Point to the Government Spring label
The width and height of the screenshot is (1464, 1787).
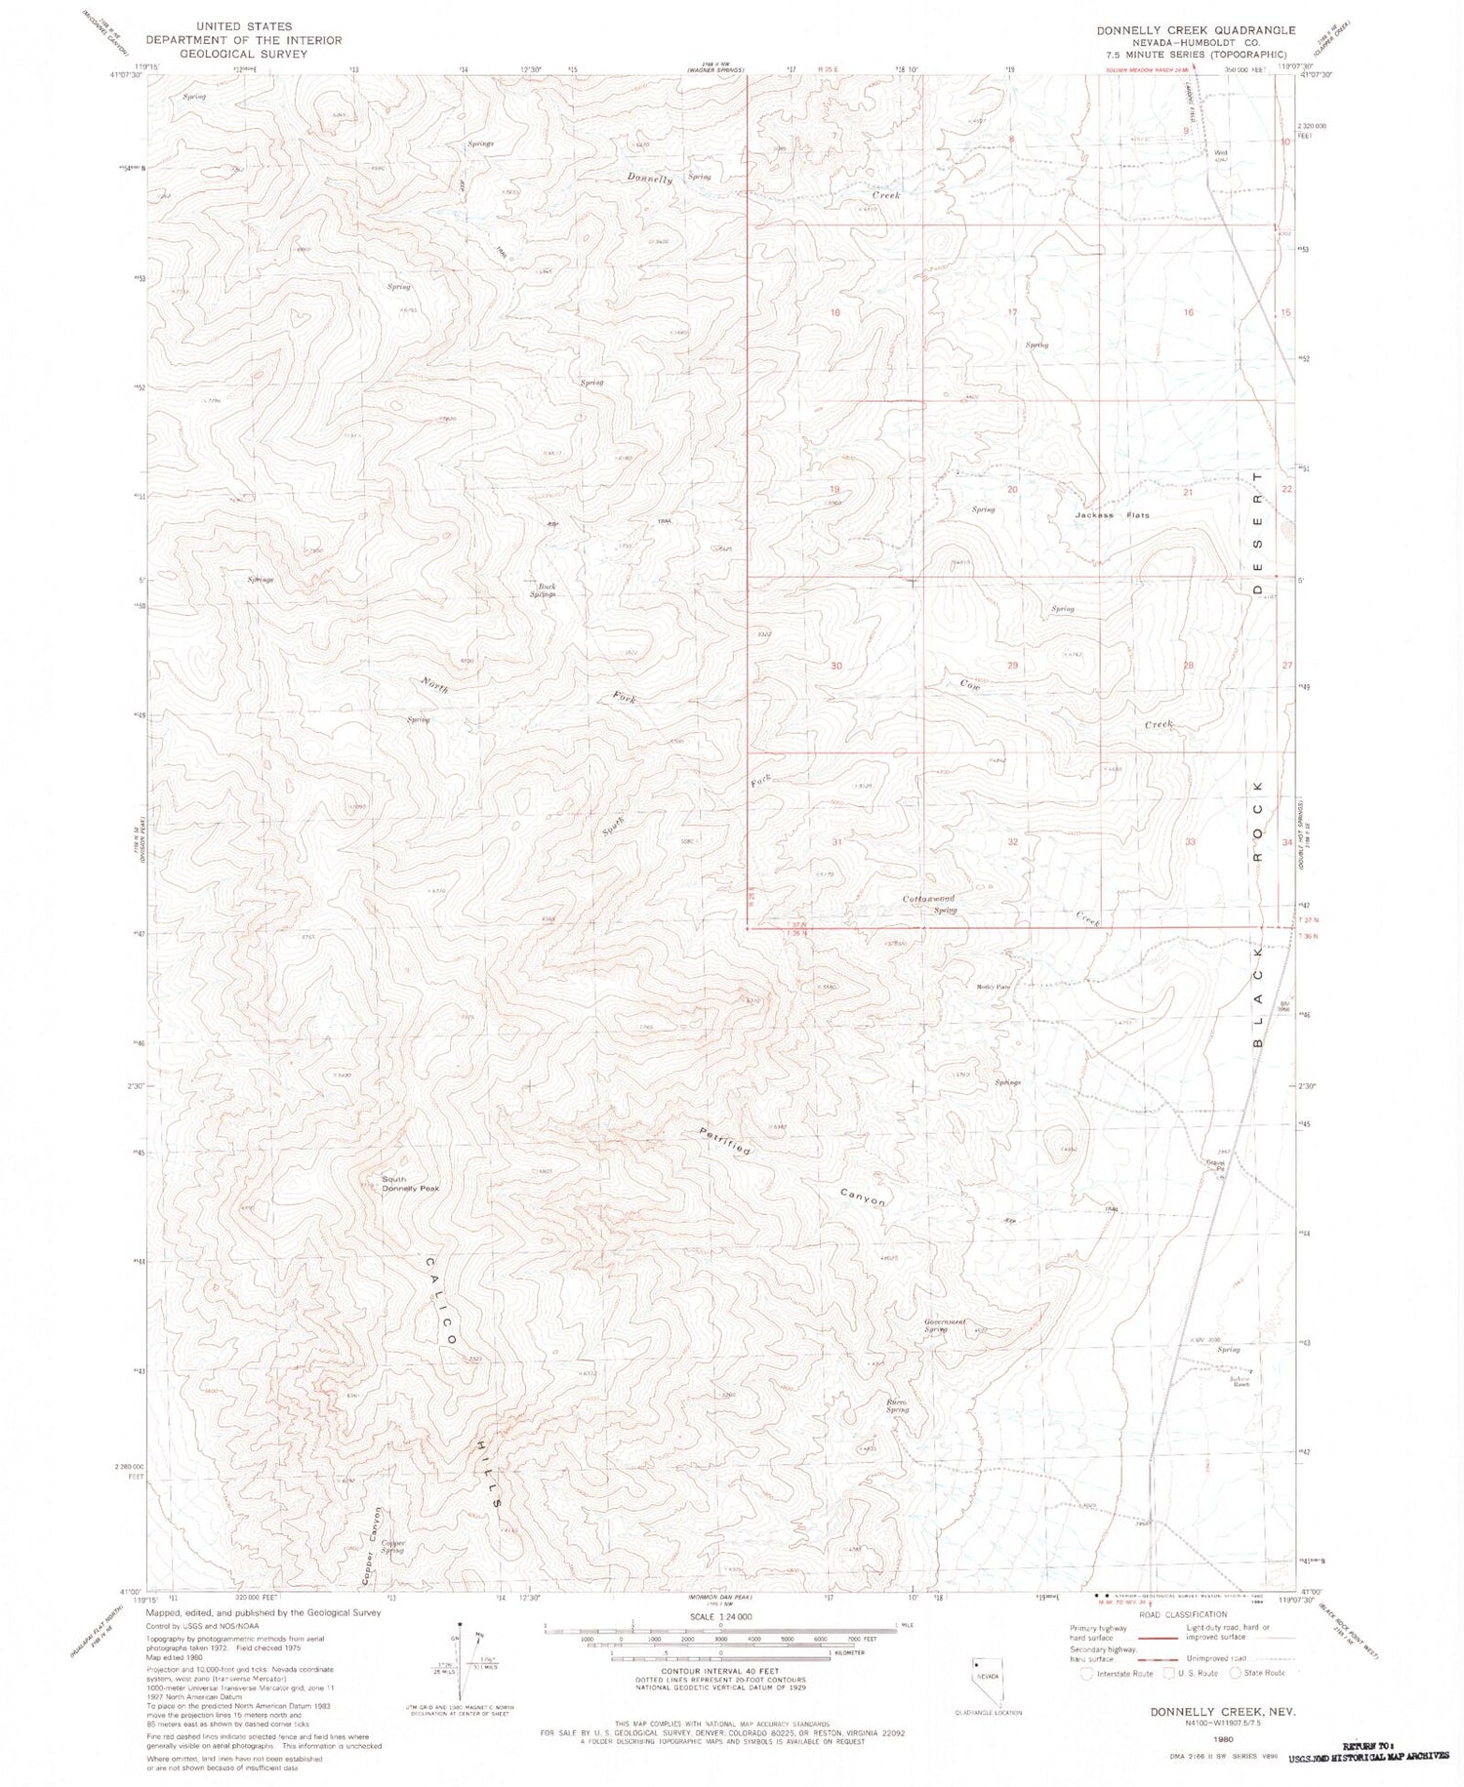pos(945,1325)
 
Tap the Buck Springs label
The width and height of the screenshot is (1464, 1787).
pos(543,590)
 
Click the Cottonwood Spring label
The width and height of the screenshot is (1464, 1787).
pos(928,903)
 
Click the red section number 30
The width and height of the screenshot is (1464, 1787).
pos(835,666)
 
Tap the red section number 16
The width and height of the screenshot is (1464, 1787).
pos(1188,312)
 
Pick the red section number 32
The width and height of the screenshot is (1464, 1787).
pos(1013,841)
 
